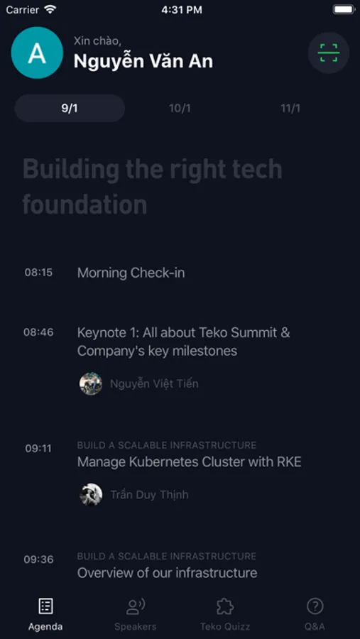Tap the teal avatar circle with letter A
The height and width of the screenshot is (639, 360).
coord(37,53)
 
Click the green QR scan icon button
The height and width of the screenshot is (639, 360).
coord(329,53)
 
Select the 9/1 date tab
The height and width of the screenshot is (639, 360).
coord(70,109)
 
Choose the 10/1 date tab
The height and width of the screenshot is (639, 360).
coord(180,109)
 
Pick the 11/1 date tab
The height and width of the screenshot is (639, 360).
coord(290,109)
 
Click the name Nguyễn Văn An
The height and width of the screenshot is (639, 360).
coord(143,62)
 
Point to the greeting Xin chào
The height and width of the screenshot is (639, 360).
coord(97,40)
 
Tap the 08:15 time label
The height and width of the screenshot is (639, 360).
coord(38,272)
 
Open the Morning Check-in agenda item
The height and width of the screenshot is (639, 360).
coord(131,273)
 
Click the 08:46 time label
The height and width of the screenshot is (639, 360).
coord(38,332)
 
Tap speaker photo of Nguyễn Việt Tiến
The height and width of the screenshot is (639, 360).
coord(90,383)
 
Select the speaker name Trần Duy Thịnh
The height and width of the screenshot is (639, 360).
coord(149,495)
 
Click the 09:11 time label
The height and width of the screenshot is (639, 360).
coord(38,449)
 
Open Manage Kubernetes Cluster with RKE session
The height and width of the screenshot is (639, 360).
coord(189,461)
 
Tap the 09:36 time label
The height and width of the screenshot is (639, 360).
coord(38,559)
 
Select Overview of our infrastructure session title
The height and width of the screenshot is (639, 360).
coord(167,572)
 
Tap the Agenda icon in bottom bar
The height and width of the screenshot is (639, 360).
coord(45,606)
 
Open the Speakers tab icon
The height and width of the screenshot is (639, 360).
coord(136,606)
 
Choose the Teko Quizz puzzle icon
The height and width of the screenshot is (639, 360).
coord(225,606)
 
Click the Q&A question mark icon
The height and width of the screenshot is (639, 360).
coord(315,606)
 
